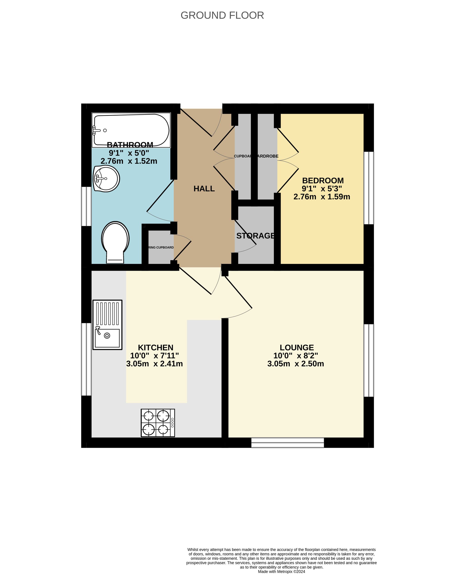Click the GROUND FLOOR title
point(222,15)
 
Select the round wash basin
point(106,179)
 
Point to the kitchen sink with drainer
point(107,325)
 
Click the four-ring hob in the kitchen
point(158,423)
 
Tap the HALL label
point(204,189)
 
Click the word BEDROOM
point(323,180)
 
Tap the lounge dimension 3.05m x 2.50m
point(296,364)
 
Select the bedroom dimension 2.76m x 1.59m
point(322,197)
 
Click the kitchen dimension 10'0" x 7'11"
point(154,356)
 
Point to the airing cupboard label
point(161,248)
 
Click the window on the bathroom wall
point(86,206)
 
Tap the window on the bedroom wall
point(369,188)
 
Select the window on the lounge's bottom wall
point(288,443)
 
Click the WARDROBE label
point(268,156)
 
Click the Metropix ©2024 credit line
point(282,571)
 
